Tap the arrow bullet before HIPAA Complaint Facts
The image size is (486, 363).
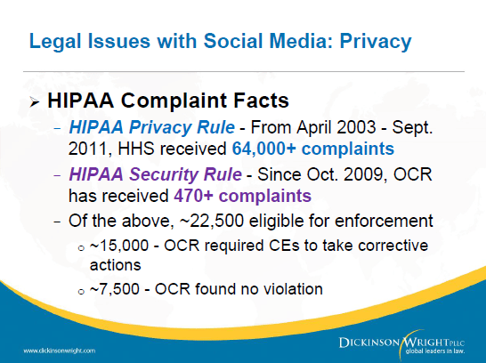pyautogui.click(x=33, y=101)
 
